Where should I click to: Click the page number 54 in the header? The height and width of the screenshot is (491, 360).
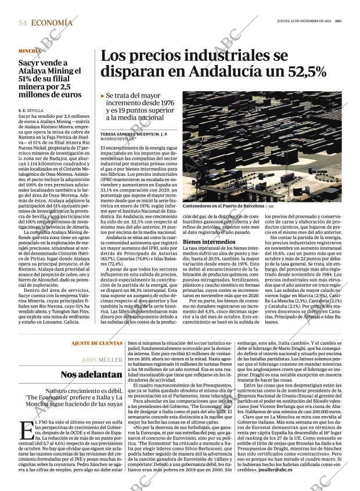[23, 23]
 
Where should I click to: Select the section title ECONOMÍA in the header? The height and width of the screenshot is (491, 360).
[52, 23]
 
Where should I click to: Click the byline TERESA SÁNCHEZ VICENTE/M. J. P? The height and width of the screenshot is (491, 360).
[134, 134]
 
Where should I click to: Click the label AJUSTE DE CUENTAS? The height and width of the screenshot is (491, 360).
[97, 344]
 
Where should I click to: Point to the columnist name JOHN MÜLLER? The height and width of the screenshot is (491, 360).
[102, 359]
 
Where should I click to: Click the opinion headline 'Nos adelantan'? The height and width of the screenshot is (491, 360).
[92, 375]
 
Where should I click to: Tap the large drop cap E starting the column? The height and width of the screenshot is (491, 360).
[26, 430]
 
